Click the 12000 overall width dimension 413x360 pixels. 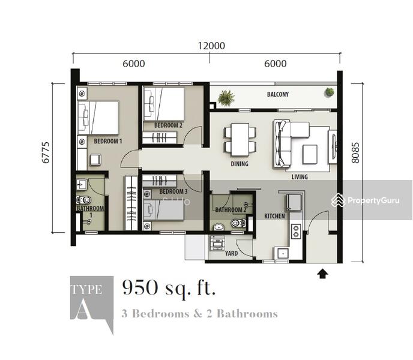tap(211, 46)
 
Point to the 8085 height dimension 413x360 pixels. tap(355, 153)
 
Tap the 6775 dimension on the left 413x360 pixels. tap(46, 152)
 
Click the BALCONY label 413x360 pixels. tap(277, 94)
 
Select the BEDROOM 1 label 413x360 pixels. tap(108, 141)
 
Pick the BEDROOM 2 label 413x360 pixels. tap(168, 125)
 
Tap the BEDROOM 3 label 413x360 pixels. tap(173, 191)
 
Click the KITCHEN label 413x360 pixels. tap(274, 216)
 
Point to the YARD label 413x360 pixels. tap(231, 253)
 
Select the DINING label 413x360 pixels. tap(240, 164)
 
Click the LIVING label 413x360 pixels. tap(300, 177)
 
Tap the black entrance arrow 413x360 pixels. tap(322, 274)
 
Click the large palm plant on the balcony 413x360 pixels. tap(226, 98)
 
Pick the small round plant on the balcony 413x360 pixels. tap(329, 92)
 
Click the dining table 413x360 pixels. tap(240, 139)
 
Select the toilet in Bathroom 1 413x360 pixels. tap(84, 200)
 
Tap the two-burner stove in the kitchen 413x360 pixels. tap(295, 232)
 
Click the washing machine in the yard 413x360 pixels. tap(217, 242)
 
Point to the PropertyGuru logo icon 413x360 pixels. tap(338, 200)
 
